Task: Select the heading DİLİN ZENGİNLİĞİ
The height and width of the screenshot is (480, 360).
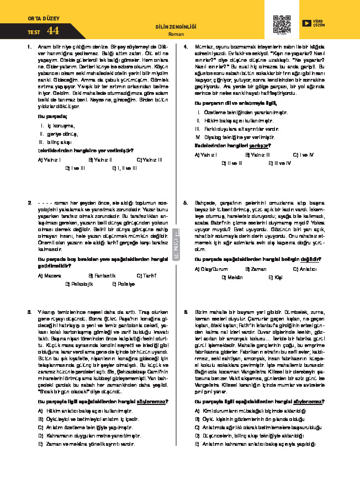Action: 176,26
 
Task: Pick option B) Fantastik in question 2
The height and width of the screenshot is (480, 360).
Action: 101,275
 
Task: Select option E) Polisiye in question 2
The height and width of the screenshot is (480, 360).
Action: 123,284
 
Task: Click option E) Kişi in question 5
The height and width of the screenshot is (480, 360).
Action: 275,278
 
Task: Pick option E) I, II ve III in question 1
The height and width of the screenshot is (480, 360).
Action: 124,168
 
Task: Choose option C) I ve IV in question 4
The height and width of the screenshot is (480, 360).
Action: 303,154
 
